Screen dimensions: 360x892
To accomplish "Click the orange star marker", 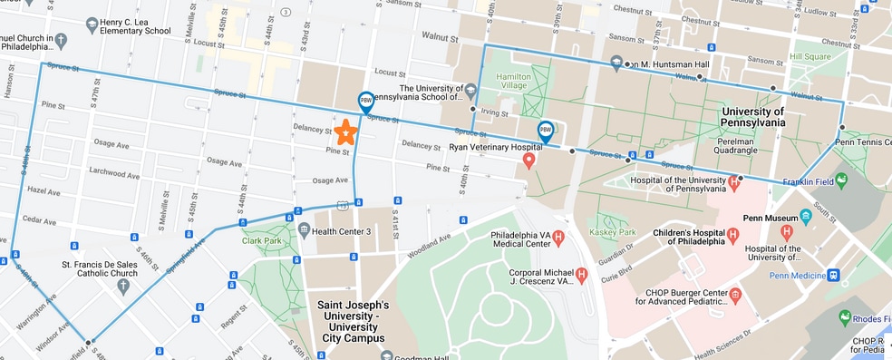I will coord(344,133).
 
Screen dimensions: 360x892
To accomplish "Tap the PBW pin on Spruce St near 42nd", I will coord(365,102).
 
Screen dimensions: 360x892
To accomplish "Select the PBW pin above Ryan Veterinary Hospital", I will coord(546,131).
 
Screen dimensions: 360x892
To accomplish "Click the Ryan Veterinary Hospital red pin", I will coord(530,161).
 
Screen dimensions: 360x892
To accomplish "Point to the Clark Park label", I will coord(263,240).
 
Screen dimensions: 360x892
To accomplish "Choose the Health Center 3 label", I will coord(342,231).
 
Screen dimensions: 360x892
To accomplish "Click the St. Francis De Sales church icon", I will coord(123,286).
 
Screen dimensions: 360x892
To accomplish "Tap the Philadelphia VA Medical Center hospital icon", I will coord(559,238).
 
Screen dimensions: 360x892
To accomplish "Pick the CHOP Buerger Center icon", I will coord(735,294).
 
